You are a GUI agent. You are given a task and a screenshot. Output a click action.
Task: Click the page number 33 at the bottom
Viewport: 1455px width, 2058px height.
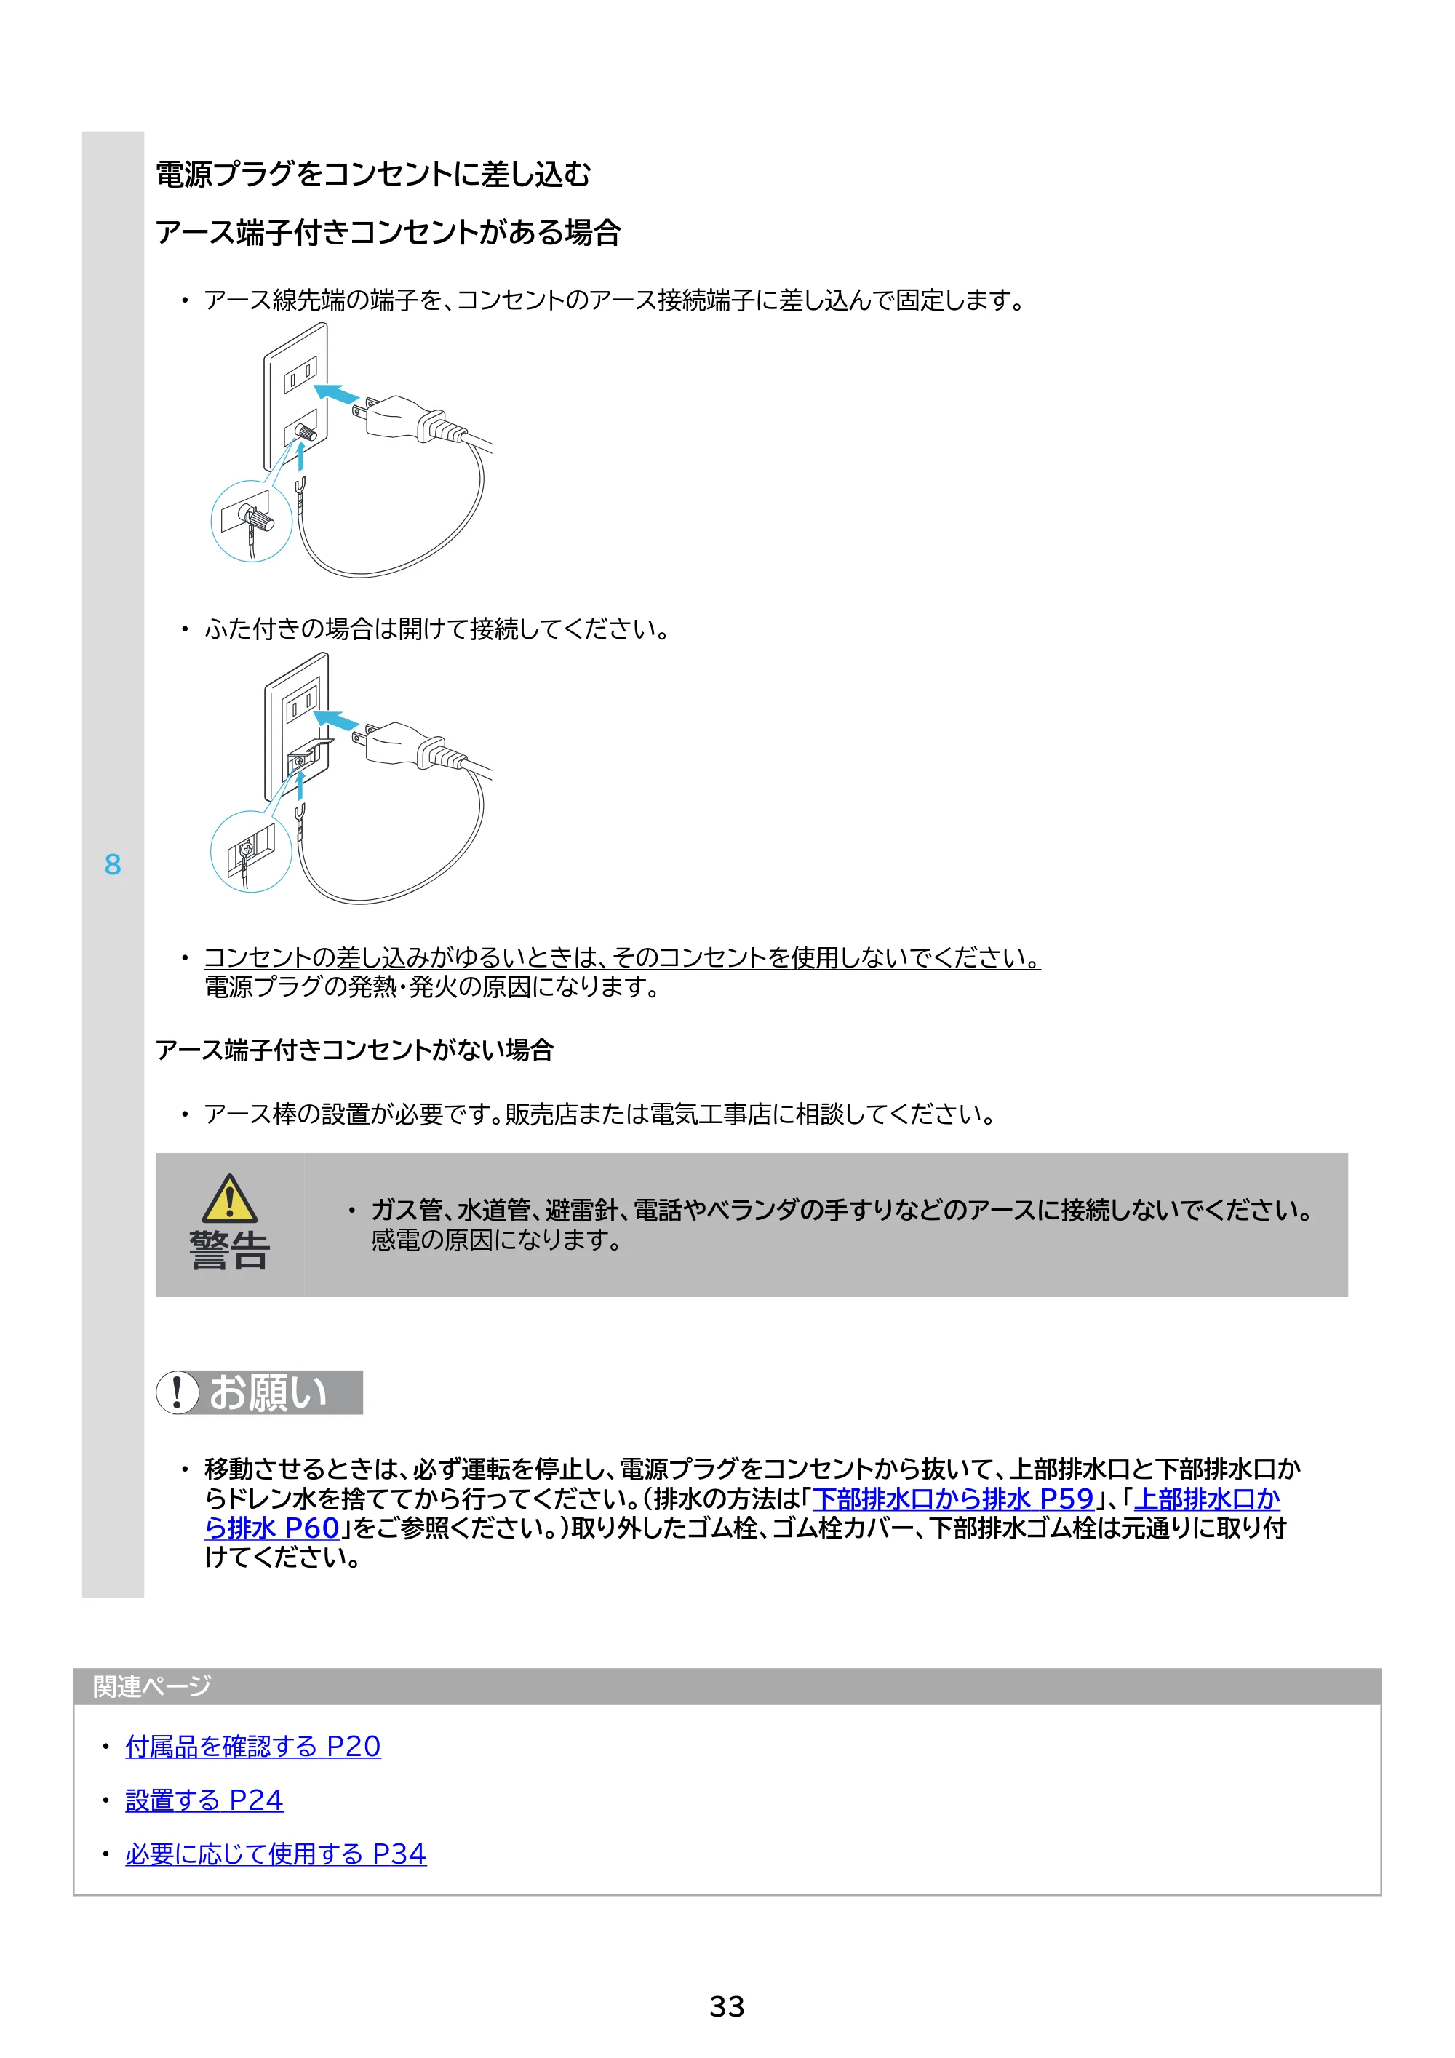click(x=726, y=2007)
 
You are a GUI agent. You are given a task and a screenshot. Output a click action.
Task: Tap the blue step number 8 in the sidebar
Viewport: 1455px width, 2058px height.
click(x=112, y=864)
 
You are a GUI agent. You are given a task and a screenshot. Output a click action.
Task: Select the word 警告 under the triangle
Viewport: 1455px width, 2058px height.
click(x=229, y=1251)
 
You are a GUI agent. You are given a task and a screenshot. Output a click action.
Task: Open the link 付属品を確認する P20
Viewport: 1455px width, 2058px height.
click(x=253, y=1746)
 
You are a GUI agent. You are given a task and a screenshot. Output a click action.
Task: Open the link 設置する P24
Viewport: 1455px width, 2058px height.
click(x=204, y=1800)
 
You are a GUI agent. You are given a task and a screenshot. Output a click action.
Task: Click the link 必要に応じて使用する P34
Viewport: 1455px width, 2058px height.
click(x=276, y=1854)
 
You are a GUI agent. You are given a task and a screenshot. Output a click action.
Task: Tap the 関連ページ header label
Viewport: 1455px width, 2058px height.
click(x=151, y=1686)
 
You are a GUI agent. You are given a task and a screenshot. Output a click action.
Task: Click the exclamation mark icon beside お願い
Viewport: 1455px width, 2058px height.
click(x=178, y=1392)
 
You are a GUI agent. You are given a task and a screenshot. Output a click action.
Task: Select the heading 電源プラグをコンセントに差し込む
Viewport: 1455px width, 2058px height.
click(x=373, y=174)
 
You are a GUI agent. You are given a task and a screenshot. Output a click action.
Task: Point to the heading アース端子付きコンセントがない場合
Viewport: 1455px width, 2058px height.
click(x=354, y=1050)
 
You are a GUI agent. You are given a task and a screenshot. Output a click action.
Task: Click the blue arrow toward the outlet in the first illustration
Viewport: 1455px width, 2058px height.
click(x=337, y=394)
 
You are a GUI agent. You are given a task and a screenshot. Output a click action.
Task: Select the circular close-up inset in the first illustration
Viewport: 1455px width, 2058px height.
click(x=251, y=521)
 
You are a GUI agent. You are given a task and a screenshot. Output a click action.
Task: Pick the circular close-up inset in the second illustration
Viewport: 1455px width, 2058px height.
click(x=251, y=852)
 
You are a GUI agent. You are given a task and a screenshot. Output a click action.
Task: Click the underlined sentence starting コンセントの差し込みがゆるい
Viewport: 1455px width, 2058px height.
click(x=622, y=957)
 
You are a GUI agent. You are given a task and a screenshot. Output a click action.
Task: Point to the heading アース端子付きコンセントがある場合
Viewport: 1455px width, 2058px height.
click(x=388, y=232)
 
